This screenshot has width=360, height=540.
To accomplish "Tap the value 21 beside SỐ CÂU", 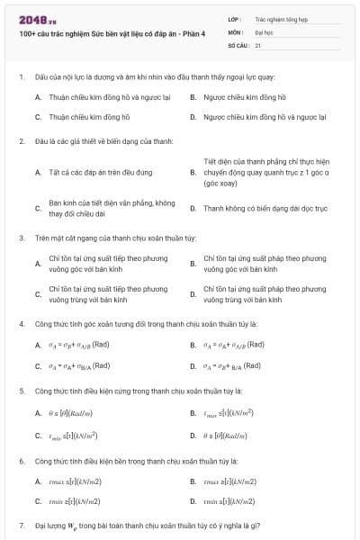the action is [x=258, y=44].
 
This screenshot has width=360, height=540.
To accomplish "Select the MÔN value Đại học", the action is [x=264, y=31].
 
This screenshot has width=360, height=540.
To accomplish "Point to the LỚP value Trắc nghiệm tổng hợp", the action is [x=279, y=18].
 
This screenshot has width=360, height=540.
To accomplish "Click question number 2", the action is [x=22, y=140].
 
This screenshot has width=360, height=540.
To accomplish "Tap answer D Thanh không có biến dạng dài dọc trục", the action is [x=260, y=208].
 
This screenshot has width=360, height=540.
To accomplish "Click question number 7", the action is [x=22, y=524].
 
